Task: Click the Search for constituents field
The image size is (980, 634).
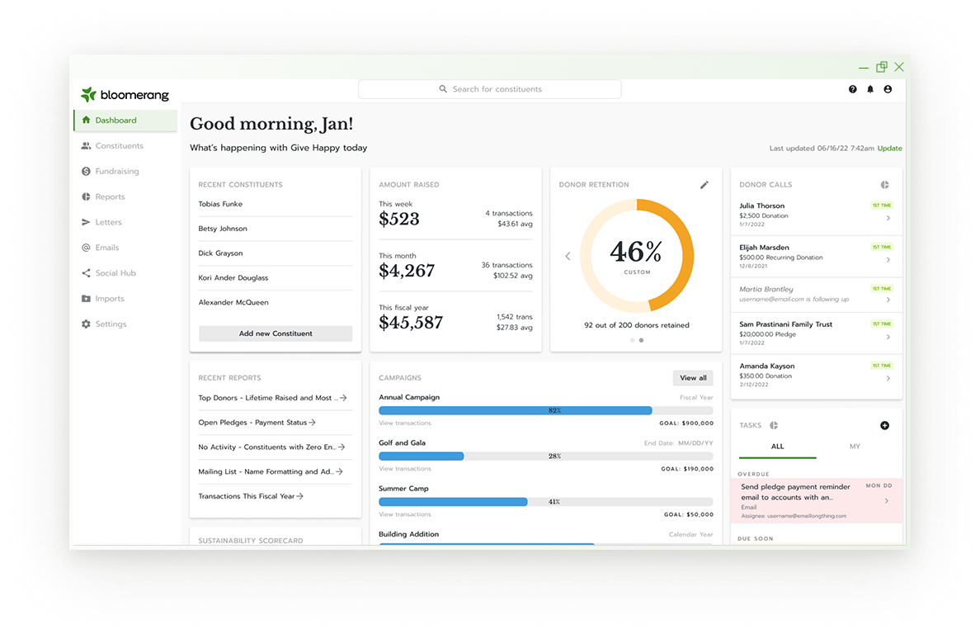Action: coord(490,89)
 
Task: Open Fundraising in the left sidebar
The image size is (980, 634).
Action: coord(116,172)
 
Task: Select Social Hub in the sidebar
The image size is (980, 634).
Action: coord(115,273)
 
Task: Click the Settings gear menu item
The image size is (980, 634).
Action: coord(111,324)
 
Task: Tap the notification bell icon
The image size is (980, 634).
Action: coord(870,89)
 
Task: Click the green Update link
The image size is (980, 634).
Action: coord(889,149)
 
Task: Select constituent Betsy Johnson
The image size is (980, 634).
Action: coord(223,229)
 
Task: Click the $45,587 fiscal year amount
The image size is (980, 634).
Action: coord(411,323)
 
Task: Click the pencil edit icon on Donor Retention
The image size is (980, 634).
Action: coord(704,185)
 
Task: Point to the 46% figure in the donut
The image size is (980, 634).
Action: coord(636,250)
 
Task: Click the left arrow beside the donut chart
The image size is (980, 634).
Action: coord(568,256)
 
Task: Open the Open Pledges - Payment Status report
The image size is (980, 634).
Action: coord(252,423)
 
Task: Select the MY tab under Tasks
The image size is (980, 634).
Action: coord(855,447)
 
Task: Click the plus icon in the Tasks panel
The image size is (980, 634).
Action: coord(885,425)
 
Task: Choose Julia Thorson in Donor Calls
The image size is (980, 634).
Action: coord(762,206)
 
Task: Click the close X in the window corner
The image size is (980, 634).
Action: coord(899,67)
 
